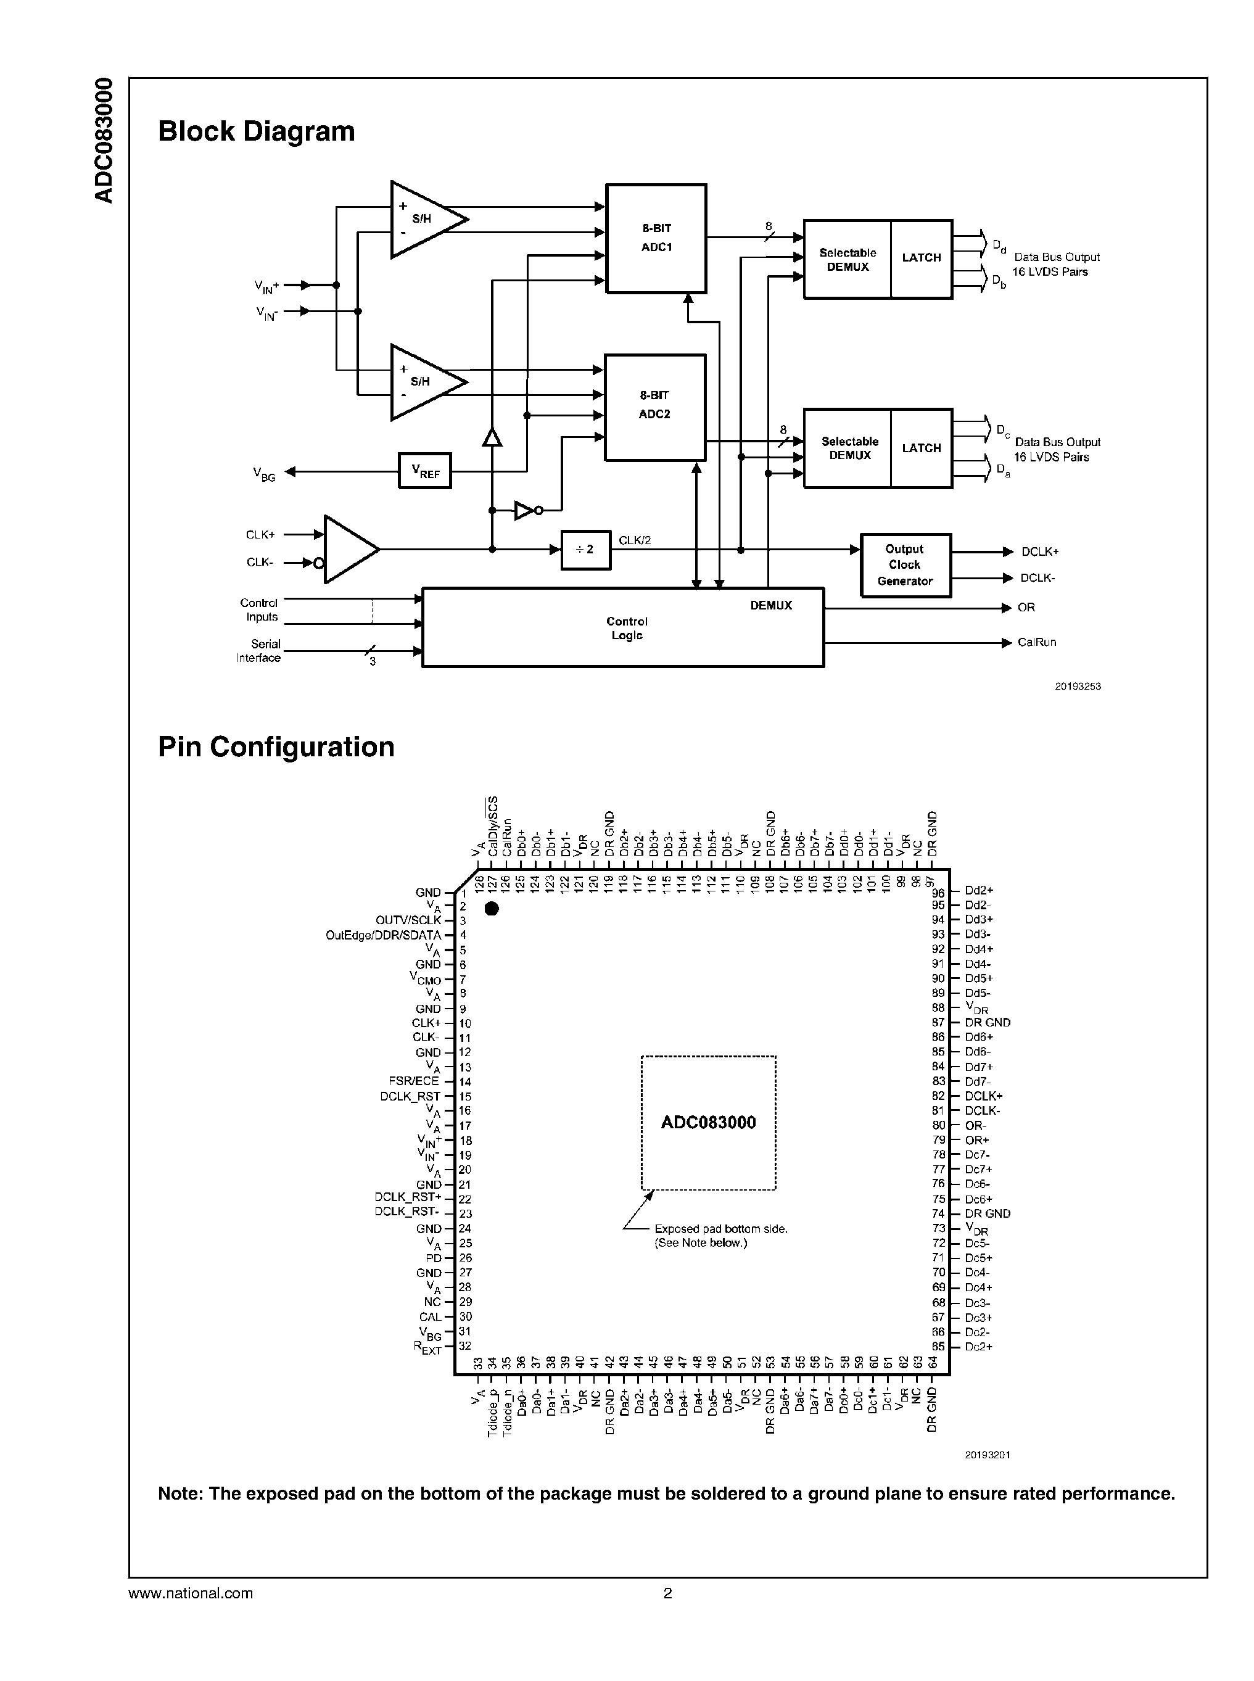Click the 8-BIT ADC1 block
point(656,237)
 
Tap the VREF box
point(424,471)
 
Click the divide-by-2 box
point(585,550)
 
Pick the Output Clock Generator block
point(905,565)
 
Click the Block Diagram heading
point(257,131)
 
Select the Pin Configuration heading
point(276,747)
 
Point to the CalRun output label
point(1036,642)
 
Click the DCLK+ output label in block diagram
point(1039,552)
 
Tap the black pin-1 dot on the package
point(492,908)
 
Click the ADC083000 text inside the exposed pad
point(708,1123)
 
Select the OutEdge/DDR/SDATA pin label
point(383,935)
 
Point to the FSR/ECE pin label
point(414,1081)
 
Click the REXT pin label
point(427,1348)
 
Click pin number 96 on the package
point(939,893)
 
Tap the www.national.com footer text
point(191,1593)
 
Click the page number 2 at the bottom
point(668,1593)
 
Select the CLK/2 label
point(635,540)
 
